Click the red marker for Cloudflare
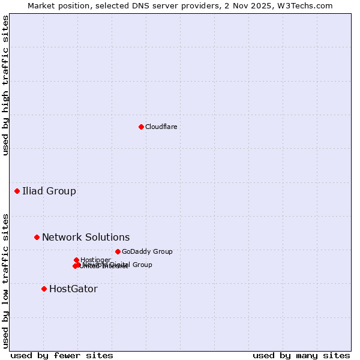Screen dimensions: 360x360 [x=141, y=127]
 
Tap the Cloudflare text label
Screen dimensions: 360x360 [x=161, y=127]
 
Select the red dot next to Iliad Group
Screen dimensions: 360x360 [x=17, y=191]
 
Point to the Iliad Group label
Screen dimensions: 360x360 [x=49, y=191]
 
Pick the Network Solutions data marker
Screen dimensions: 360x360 [x=37, y=237]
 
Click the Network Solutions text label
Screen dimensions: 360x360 [x=86, y=237]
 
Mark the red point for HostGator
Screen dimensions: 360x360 [x=44, y=289]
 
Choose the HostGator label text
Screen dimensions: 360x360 [x=73, y=289]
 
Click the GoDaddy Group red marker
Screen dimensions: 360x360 [x=118, y=251]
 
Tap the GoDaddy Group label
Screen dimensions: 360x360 [x=147, y=251]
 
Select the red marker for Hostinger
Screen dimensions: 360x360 [x=76, y=260]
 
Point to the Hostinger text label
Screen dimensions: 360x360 [x=95, y=260]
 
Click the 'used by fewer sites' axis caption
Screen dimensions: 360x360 [x=62, y=355]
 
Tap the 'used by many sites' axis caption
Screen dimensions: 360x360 [x=301, y=355]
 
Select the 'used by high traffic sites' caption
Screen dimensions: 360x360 [x=5, y=85]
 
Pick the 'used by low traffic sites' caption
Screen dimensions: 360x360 [x=5, y=280]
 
